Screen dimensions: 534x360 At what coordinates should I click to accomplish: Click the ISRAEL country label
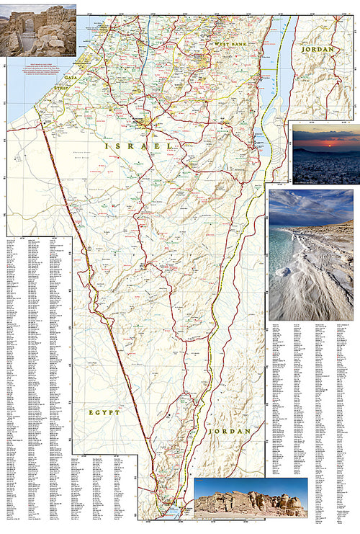click(138, 146)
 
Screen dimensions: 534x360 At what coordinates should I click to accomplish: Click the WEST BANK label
click(230, 45)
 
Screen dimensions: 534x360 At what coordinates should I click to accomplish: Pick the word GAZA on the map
click(70, 76)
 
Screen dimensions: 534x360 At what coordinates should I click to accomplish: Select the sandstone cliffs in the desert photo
click(259, 502)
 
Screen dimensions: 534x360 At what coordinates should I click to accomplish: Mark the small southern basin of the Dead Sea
click(258, 148)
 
